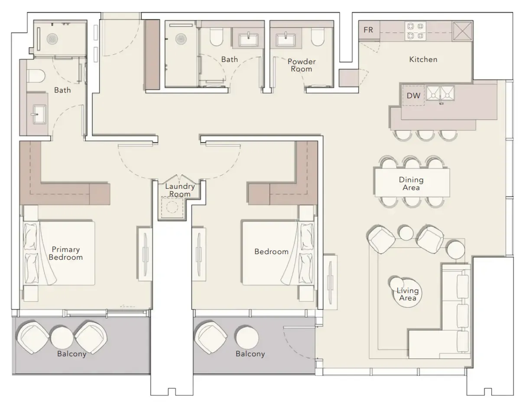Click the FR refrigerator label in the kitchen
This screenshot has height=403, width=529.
pos(368,30)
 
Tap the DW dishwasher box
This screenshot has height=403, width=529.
pos(414,96)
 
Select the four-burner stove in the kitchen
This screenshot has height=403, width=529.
pos(414,31)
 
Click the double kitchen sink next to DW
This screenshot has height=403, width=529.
pos(440,93)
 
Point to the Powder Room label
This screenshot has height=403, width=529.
pos(302,65)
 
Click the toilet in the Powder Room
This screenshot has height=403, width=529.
pos(318,37)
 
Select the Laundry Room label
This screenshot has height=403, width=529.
pos(180,190)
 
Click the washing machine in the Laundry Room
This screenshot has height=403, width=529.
pos(171,207)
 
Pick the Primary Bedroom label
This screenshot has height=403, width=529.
pos(66,253)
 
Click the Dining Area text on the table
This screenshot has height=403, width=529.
pos(412,184)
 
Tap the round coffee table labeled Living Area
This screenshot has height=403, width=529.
pos(407,294)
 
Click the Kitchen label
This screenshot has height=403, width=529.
pos(423,59)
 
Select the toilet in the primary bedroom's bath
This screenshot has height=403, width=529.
pos(36,76)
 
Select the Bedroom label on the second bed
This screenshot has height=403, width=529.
pos(271,251)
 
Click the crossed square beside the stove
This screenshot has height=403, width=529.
pos(461,31)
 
